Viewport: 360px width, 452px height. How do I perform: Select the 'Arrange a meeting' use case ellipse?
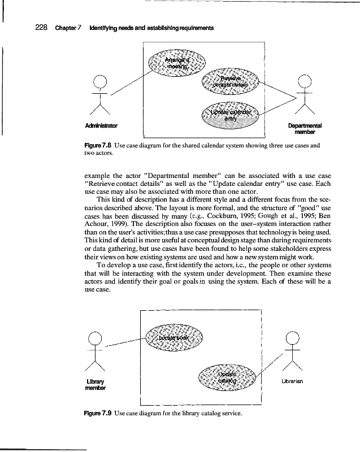177,60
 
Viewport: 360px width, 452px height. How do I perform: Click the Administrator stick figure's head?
100,81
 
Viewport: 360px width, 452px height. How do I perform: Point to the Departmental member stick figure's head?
305,81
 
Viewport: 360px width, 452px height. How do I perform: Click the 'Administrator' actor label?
101,125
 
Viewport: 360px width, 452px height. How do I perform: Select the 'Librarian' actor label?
292,381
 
